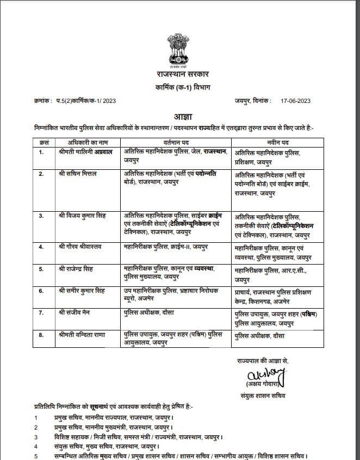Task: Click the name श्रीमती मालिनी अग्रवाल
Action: (85, 152)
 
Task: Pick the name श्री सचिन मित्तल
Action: (78, 174)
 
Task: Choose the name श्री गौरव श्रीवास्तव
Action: (82, 246)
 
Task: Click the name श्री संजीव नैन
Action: (76, 313)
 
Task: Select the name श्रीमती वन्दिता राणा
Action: (83, 335)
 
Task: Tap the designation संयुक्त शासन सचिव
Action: (262, 395)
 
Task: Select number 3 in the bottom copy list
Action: (36, 437)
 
